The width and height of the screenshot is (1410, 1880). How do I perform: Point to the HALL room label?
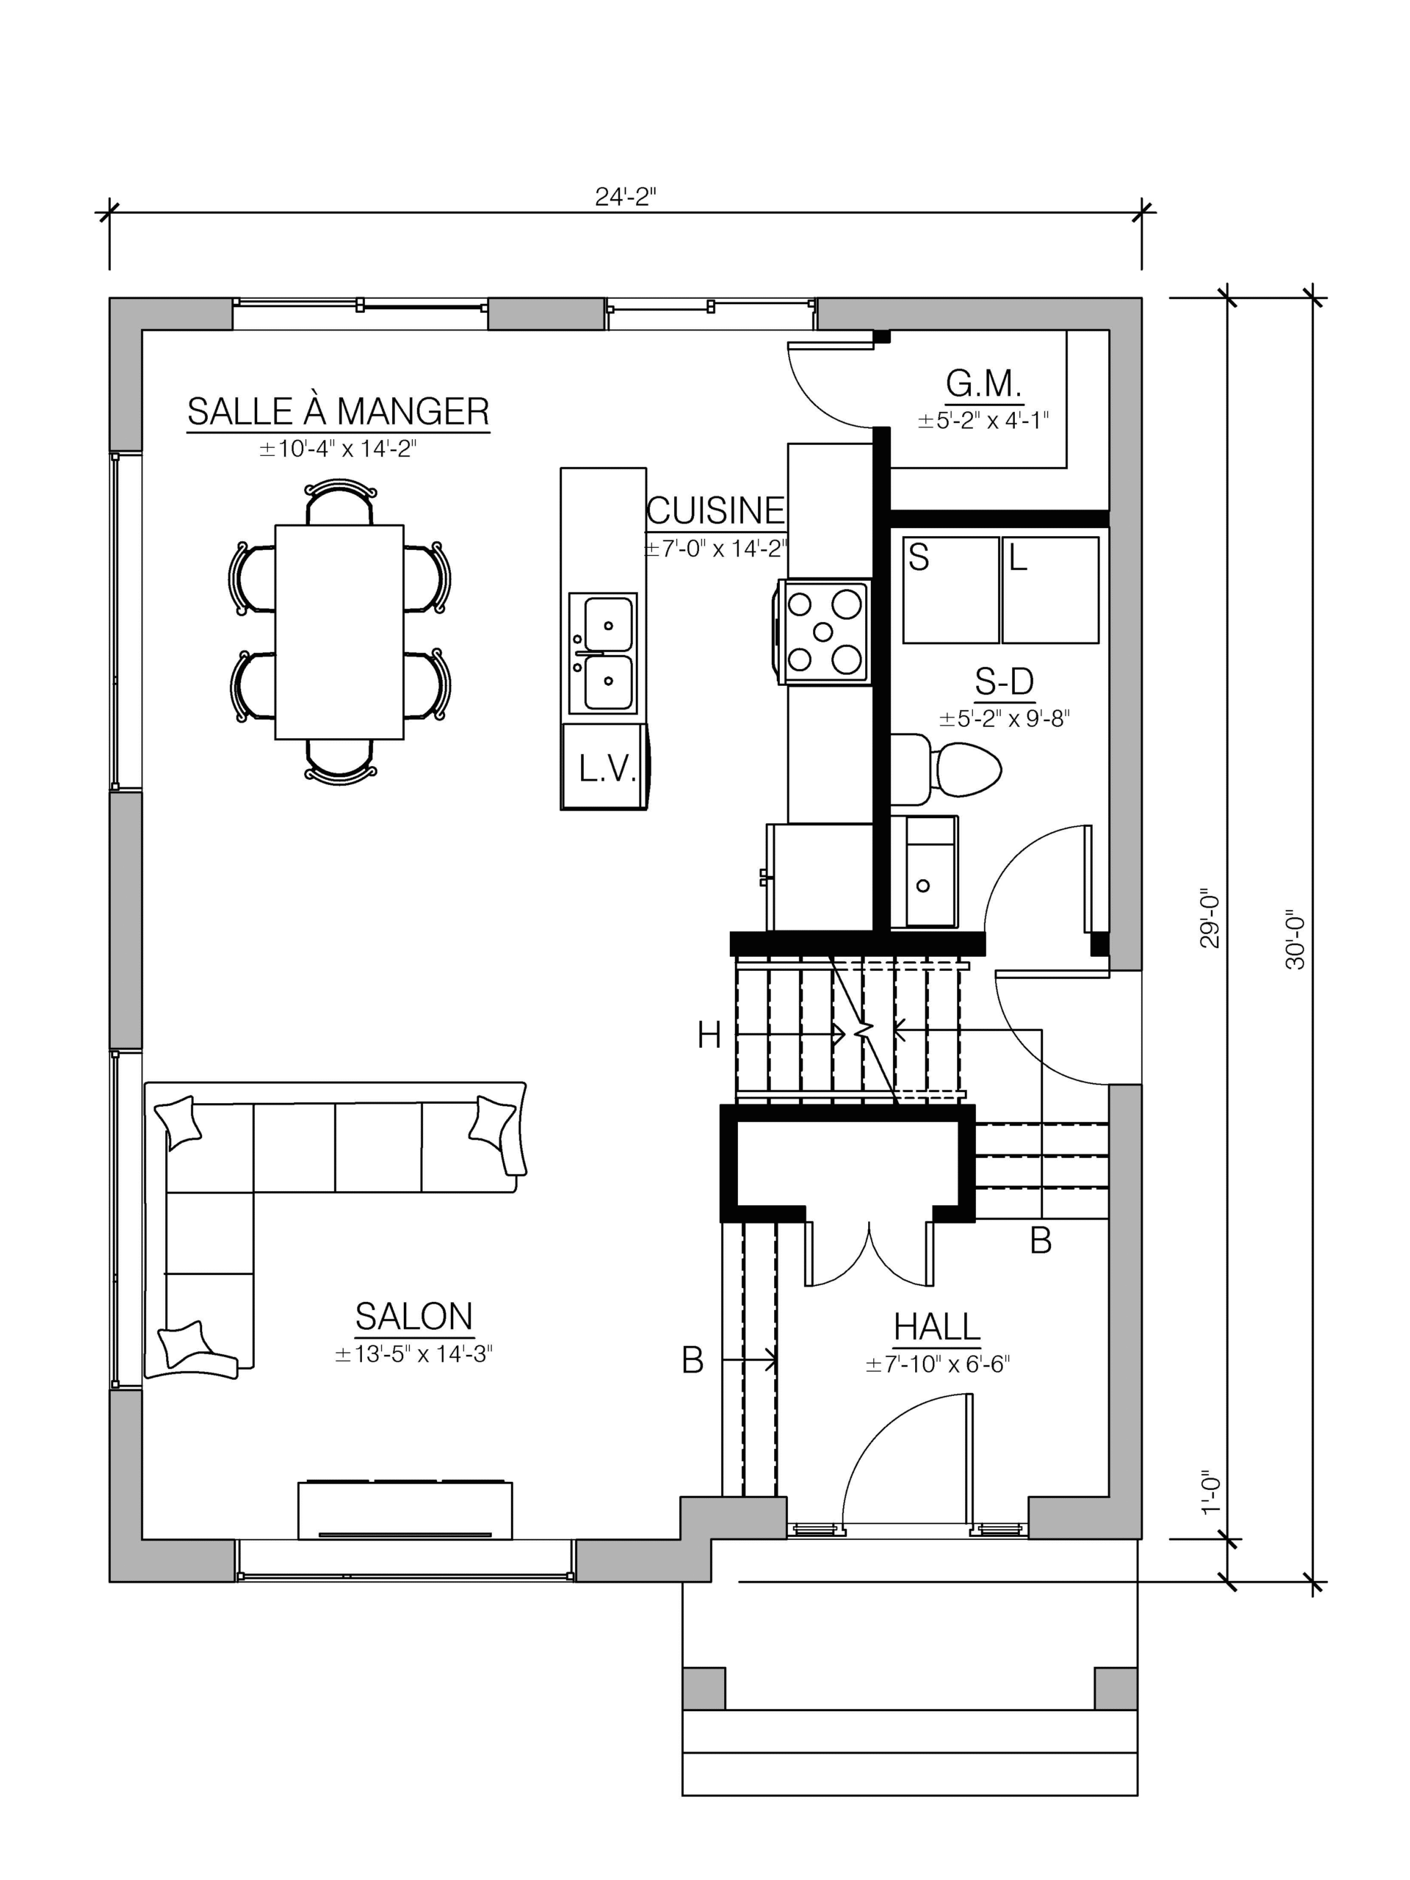(936, 1327)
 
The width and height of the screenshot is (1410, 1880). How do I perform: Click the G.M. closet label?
(983, 384)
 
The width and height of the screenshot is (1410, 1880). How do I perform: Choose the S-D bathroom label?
(1004, 681)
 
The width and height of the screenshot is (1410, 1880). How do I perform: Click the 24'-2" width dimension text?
(626, 197)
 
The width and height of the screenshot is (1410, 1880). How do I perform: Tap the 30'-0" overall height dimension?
(1295, 941)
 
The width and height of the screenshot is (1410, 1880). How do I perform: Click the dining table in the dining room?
(339, 632)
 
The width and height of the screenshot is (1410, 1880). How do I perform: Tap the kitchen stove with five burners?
(823, 632)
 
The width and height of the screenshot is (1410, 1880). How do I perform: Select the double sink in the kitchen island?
(603, 653)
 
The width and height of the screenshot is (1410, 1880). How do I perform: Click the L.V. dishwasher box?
(604, 767)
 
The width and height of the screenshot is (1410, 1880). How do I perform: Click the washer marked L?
(1050, 590)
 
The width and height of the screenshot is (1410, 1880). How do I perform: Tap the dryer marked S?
(951, 590)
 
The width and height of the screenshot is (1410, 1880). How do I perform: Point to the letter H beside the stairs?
(709, 1036)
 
